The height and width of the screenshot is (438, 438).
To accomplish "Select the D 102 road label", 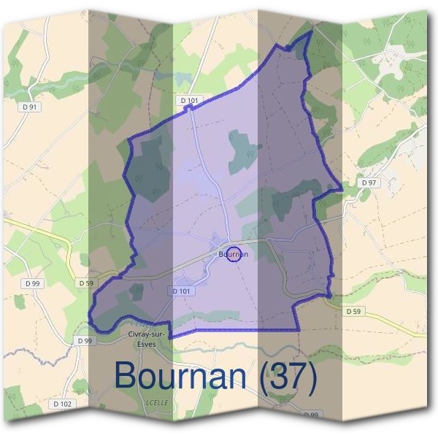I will click(x=62, y=404).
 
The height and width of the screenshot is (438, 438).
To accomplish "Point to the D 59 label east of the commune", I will click(x=353, y=311).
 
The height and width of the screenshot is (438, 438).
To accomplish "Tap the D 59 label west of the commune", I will click(x=86, y=283).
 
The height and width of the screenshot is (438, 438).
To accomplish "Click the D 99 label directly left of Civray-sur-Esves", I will click(x=84, y=341).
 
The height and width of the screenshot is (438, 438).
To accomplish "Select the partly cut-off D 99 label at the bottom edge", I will click(x=311, y=415).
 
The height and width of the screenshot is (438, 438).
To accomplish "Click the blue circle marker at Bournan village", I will click(x=234, y=255).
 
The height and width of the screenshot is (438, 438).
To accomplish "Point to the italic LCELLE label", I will click(x=157, y=401).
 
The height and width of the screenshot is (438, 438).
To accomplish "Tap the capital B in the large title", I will click(x=127, y=375).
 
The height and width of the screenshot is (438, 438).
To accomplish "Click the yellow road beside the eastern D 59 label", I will click(x=387, y=321).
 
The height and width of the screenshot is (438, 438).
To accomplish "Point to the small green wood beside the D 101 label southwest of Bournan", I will click(x=136, y=292).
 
